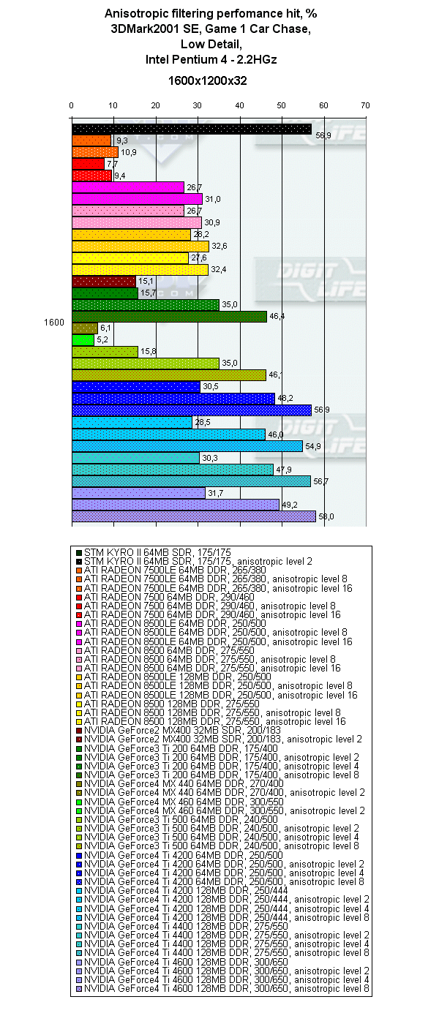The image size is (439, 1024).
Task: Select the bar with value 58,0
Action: pyautogui.click(x=194, y=516)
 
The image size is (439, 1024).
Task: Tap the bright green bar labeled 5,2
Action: pyautogui.click(x=83, y=340)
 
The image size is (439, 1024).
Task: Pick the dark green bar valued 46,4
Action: pyautogui.click(x=169, y=317)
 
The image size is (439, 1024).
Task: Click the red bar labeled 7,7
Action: pyautogui.click(x=88, y=164)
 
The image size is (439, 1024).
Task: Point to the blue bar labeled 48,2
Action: pyautogui.click(x=173, y=399)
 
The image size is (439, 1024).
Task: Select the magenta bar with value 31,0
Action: pyautogui.click(x=137, y=199)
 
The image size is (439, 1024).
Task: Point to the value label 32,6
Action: pyautogui.click(x=219, y=246)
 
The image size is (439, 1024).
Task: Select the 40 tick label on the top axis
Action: pyautogui.click(x=239, y=106)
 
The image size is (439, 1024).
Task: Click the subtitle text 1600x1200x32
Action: pyautogui.click(x=208, y=80)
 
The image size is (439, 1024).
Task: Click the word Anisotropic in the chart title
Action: pyautogui.click(x=138, y=13)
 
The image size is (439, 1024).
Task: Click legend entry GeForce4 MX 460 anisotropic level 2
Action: pyautogui.click(x=224, y=811)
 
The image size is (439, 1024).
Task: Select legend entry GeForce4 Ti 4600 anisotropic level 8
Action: pyautogui.click(x=227, y=989)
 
